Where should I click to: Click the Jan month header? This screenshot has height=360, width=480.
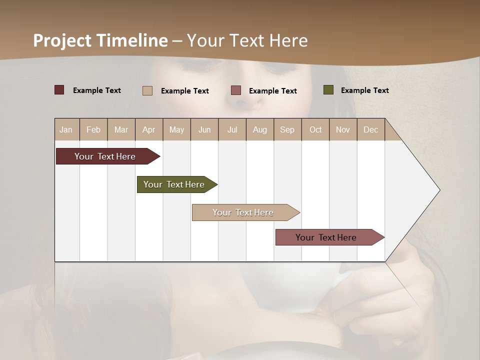(66, 130)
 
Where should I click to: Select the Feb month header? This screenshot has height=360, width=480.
(93, 130)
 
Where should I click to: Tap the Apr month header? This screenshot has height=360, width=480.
(149, 130)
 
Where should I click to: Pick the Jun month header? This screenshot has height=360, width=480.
(204, 130)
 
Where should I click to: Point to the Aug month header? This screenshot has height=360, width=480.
(260, 130)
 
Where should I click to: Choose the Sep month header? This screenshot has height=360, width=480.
(287, 130)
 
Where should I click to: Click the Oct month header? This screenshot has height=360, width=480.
(315, 130)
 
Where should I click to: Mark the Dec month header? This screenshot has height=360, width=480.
(370, 130)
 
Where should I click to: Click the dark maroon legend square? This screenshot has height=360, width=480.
(59, 90)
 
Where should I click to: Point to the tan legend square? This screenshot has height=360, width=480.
(147, 90)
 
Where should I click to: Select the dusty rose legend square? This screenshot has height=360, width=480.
(236, 90)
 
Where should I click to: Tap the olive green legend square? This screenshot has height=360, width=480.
(328, 90)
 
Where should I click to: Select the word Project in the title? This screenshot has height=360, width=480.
(62, 40)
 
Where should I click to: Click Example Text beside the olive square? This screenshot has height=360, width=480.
(364, 90)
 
